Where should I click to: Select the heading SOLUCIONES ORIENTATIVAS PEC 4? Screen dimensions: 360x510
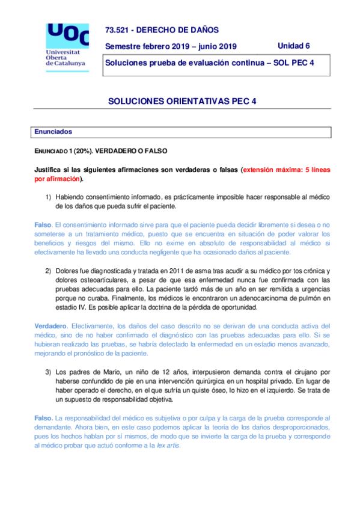(x=182, y=102)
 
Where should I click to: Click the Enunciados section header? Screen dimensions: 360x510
(x=53, y=131)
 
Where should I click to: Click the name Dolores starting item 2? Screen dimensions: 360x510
(x=68, y=271)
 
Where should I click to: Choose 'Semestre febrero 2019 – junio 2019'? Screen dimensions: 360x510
(x=171, y=47)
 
